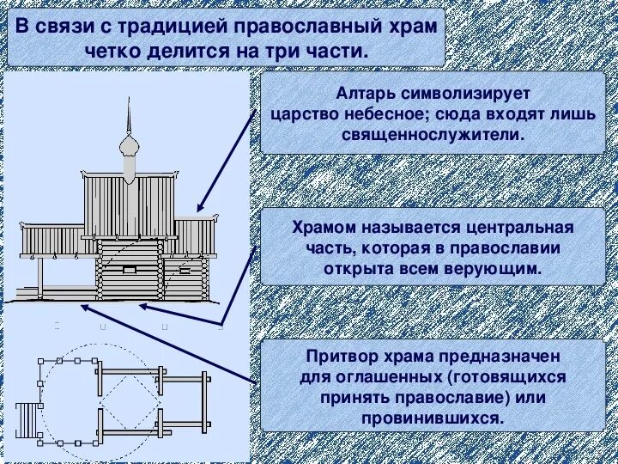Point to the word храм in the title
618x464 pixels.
(408, 26)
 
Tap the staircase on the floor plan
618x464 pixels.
(27, 421)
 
